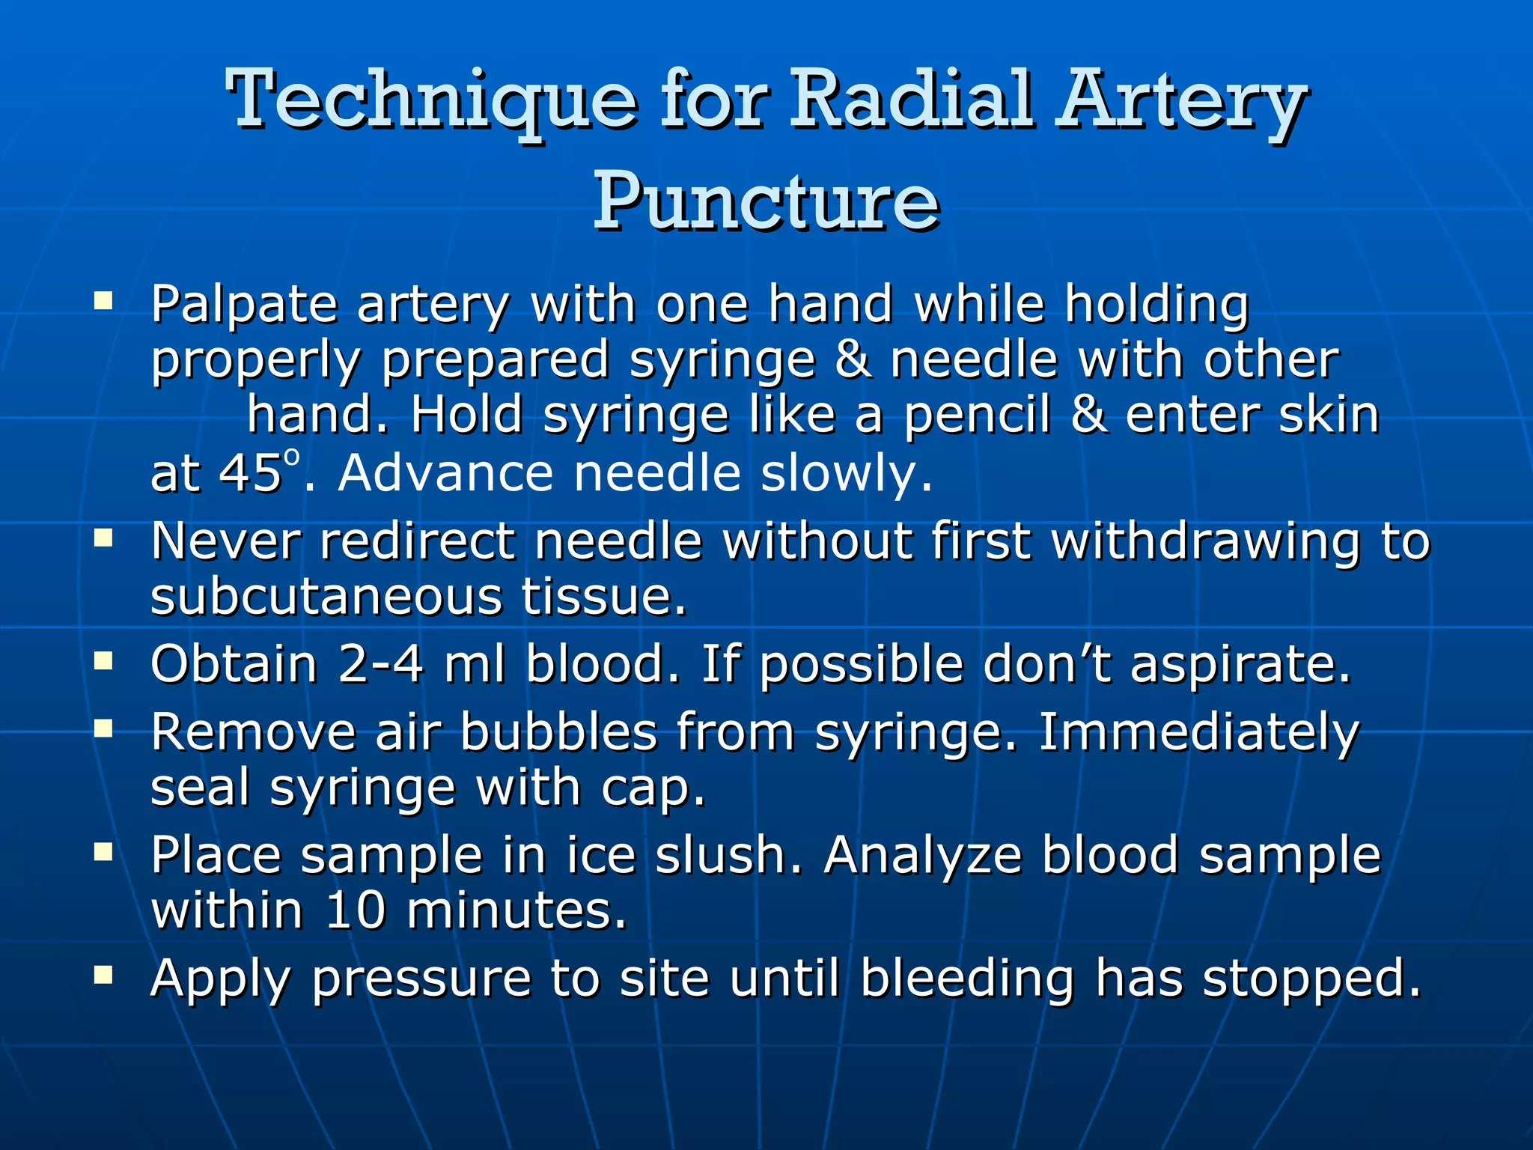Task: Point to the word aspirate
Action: [x=1240, y=664]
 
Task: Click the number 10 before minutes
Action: [x=356, y=910]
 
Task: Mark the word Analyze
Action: [x=923, y=856]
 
